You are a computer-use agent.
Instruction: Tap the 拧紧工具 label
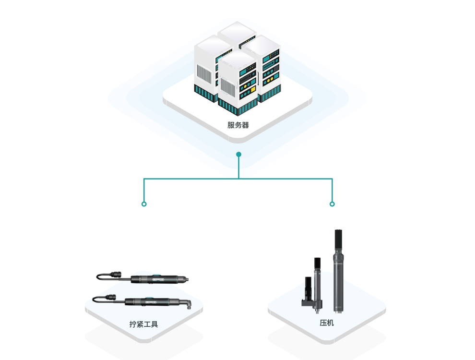tap(143, 324)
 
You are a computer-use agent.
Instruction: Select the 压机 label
tap(327, 323)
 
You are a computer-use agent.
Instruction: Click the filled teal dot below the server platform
tap(238, 155)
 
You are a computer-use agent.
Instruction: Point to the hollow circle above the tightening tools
tap(144, 204)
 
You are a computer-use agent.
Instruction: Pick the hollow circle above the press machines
tap(332, 204)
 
